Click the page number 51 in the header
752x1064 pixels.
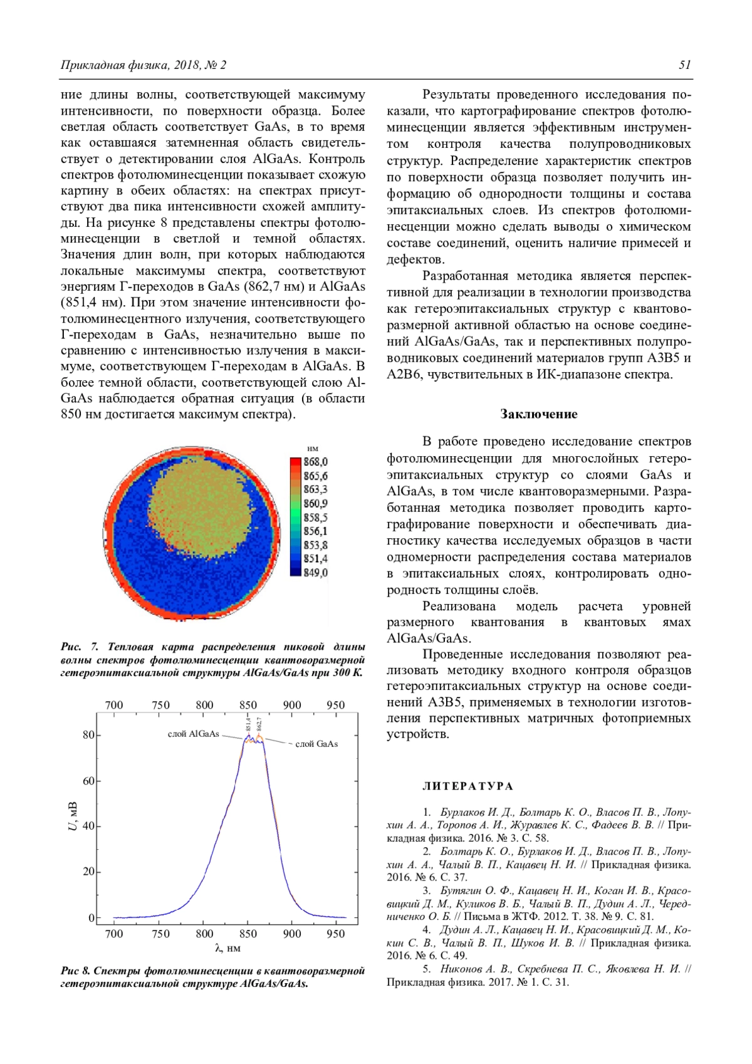[x=684, y=65]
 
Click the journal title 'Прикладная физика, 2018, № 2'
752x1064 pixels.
[x=144, y=65]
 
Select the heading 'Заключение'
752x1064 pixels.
[x=539, y=414]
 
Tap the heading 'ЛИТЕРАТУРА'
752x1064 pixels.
[x=467, y=786]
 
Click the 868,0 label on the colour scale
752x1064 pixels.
[x=316, y=462]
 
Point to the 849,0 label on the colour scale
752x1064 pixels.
[x=316, y=573]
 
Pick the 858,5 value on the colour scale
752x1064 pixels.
[x=316, y=518]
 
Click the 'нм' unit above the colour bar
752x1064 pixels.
[x=313, y=448]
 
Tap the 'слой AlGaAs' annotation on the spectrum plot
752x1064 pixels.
[x=194, y=734]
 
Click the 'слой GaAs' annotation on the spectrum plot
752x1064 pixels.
[x=316, y=744]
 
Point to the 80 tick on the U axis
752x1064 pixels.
[x=88, y=735]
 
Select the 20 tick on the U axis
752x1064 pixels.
[x=88, y=872]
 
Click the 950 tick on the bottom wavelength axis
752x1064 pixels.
[x=336, y=934]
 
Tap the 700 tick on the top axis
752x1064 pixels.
[x=114, y=705]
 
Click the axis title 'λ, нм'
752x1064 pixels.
[x=227, y=949]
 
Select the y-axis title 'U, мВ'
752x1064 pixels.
[x=73, y=816]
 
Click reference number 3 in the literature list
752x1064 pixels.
[x=426, y=890]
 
